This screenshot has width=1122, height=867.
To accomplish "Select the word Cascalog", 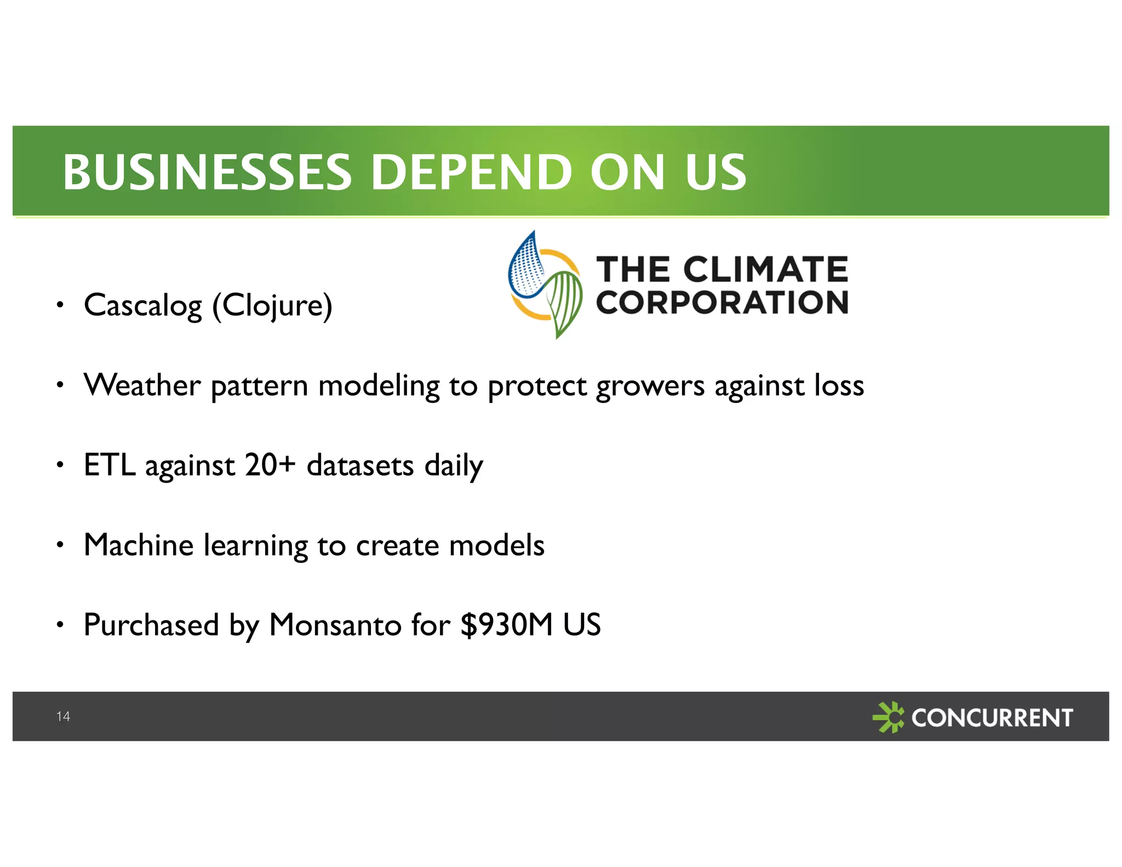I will (x=143, y=305).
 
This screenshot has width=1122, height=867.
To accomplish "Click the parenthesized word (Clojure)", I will (x=272, y=305).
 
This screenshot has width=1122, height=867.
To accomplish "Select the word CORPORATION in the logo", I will (x=722, y=302).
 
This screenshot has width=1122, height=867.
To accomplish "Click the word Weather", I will (x=142, y=385).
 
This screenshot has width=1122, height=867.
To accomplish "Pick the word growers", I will (x=650, y=386).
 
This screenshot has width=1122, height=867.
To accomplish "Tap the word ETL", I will (x=109, y=465).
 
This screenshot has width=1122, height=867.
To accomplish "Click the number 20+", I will (x=270, y=465).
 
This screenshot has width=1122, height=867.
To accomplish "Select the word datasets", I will (x=360, y=466).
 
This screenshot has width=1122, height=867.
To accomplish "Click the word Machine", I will (x=139, y=545).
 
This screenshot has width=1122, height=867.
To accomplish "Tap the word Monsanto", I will (x=335, y=625).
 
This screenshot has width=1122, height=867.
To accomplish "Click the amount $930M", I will (x=507, y=625).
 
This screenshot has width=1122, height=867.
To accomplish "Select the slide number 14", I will (x=63, y=716).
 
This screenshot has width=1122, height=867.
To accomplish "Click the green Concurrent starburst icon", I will (x=888, y=717).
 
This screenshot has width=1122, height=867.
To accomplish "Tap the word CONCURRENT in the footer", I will (x=992, y=717).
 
